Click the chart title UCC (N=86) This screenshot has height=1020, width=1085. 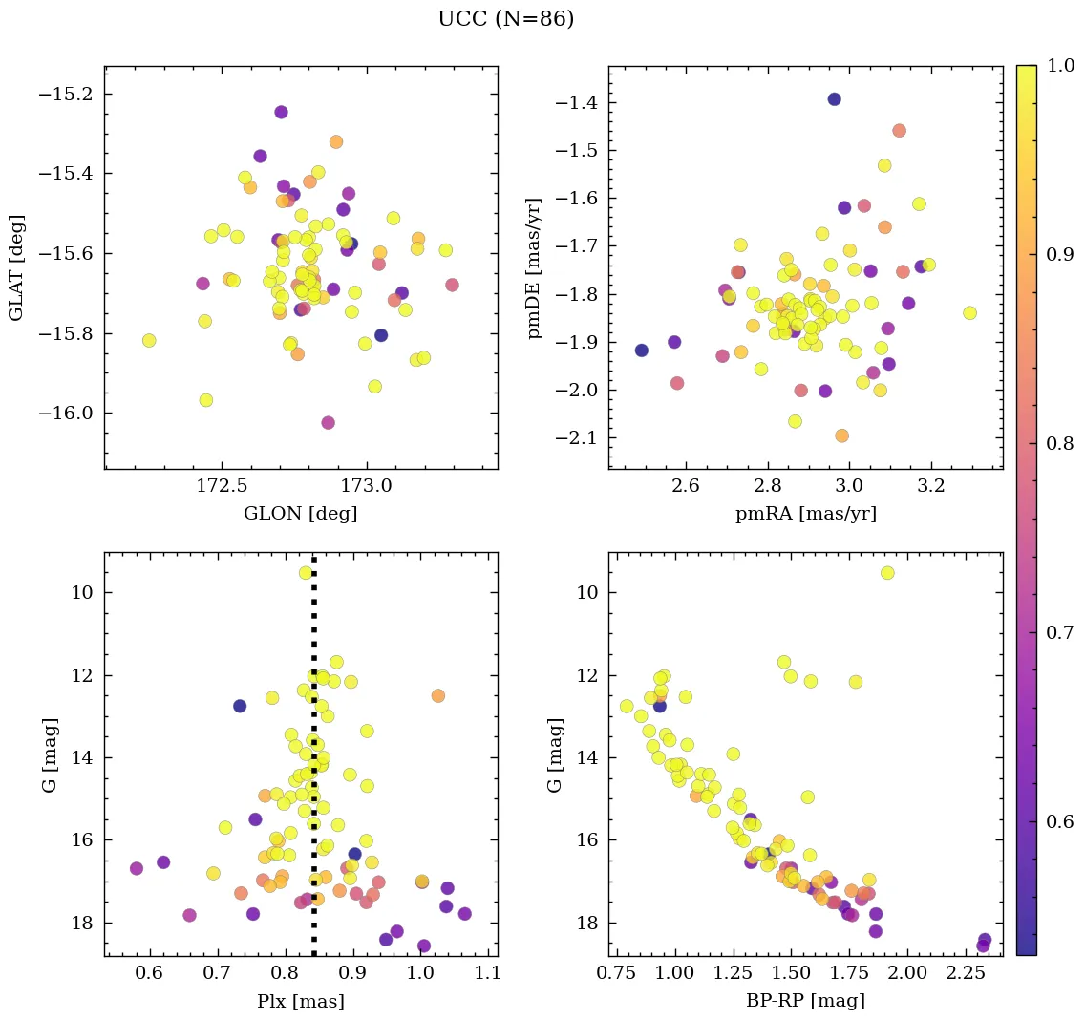pos(505,19)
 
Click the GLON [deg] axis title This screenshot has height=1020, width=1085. pos(301,514)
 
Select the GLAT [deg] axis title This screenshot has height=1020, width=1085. pos(16,267)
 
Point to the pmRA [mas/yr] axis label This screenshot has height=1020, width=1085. pos(805,514)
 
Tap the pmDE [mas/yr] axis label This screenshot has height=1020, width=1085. pos(535,267)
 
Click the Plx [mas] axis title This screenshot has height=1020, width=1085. pos(301,1001)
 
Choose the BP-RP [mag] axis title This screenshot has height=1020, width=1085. pos(805,1001)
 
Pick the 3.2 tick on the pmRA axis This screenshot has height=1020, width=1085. pos(931,486)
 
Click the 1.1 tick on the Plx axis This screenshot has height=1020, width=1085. pos(488,973)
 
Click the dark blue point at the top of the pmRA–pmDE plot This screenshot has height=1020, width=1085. pos(834,99)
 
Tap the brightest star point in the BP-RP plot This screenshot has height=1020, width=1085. pos(887,573)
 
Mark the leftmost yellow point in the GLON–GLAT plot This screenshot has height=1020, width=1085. pos(149,341)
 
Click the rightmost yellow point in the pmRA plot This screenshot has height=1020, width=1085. pos(970,313)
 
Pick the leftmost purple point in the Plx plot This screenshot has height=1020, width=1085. pos(137,868)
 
